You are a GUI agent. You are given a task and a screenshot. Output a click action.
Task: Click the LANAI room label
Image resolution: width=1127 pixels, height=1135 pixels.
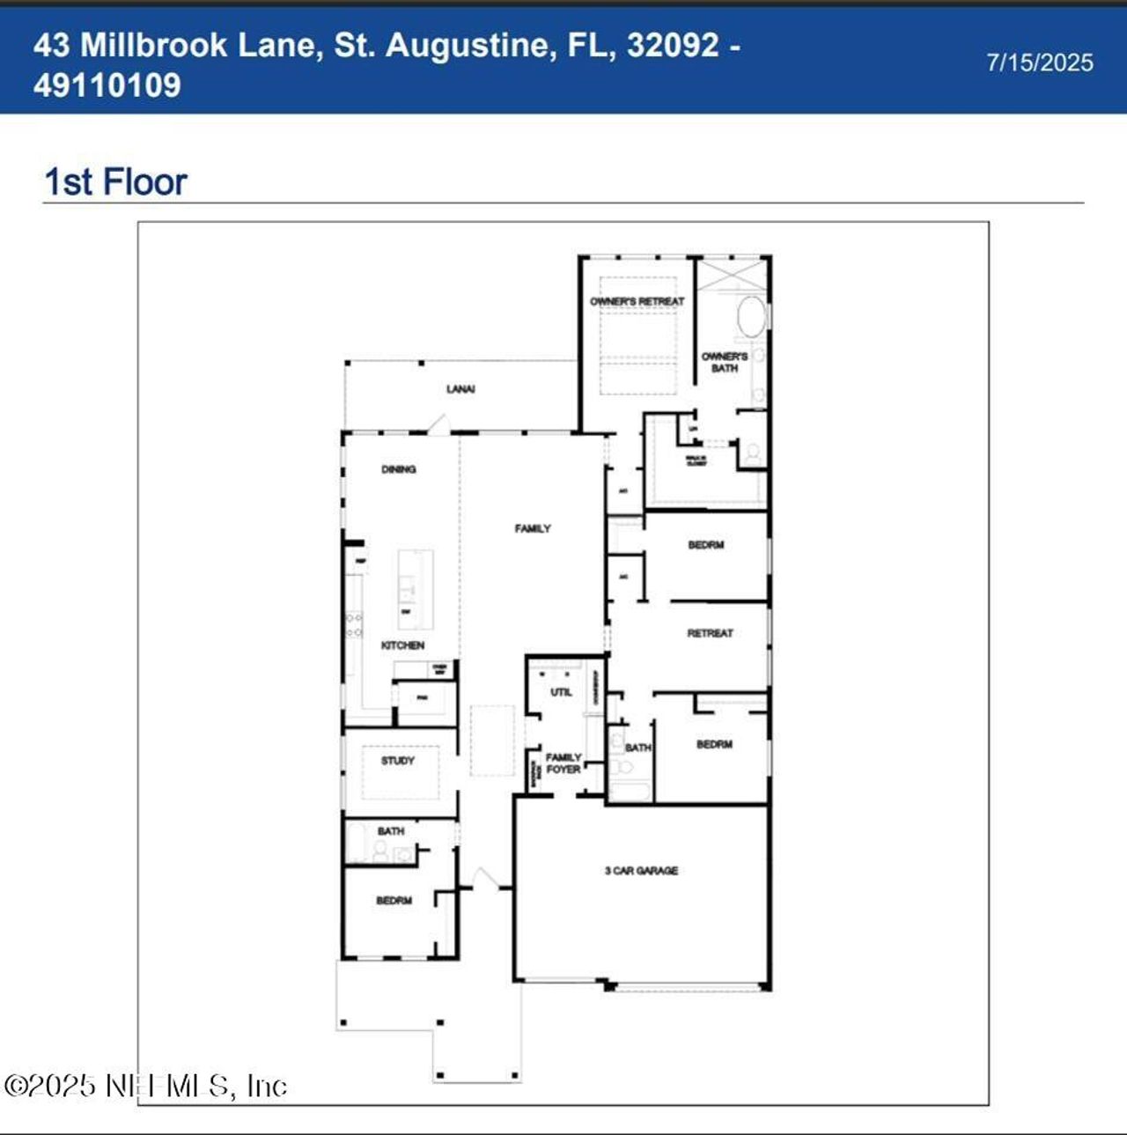coord(460,389)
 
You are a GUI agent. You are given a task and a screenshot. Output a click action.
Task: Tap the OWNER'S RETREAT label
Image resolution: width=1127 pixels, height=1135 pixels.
coord(637,302)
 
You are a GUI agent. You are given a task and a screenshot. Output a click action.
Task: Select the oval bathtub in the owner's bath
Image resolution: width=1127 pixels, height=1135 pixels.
coord(751,317)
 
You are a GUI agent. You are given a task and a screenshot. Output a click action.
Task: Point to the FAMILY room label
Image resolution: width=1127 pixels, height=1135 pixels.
coord(533,528)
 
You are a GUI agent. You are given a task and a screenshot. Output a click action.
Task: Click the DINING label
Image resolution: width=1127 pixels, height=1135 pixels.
coord(398,469)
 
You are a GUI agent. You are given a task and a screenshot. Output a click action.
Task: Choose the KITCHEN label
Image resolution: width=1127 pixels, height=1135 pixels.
coord(402,645)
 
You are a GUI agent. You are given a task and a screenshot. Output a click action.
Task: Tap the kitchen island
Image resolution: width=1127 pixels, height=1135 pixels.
coord(415,589)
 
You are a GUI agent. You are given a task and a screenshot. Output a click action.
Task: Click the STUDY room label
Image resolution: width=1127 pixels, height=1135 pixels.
coord(398,760)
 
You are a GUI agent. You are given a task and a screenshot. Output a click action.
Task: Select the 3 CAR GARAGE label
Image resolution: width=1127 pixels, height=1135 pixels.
coord(641,871)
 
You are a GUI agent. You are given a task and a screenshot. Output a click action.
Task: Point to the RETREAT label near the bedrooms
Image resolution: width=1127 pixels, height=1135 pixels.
coord(710,633)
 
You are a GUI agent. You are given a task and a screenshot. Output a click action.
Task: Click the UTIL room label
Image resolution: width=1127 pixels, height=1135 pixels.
coord(561,692)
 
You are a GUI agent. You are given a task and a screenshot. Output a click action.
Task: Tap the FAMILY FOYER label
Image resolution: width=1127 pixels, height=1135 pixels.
coord(563,763)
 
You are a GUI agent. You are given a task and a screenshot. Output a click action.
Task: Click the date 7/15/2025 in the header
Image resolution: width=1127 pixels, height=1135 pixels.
coord(1040,63)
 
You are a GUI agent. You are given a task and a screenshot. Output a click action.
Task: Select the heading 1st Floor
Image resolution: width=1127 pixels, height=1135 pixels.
coord(115,182)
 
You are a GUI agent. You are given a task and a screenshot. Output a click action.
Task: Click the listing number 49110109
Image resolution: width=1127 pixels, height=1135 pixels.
coord(107,85)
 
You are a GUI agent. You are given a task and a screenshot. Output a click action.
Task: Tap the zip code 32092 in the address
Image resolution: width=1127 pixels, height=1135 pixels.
coord(673,45)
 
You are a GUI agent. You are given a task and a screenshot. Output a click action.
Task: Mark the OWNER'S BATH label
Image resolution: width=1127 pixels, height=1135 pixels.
coord(724,362)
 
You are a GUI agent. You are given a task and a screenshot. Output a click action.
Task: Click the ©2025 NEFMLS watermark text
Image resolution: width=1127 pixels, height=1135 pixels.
coord(145,1085)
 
